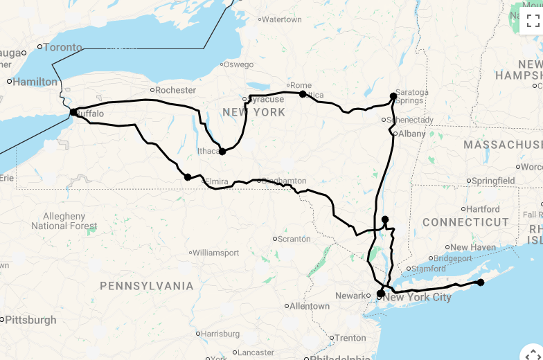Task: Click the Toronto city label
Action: tap(62, 48)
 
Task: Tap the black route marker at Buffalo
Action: tap(73, 112)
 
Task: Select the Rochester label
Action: tap(175, 90)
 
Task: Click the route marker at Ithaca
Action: tap(222, 151)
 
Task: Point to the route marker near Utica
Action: tap(303, 93)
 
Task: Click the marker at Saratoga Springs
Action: tap(393, 96)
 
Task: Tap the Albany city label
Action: tap(412, 134)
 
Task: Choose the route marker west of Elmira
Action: tap(188, 177)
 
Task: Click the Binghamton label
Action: tap(283, 181)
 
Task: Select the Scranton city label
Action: tap(294, 239)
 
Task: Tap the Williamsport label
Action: tap(217, 253)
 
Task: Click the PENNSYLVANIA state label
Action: tap(147, 286)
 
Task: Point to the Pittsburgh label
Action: tap(32, 320)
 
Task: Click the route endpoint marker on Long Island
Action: tap(481, 282)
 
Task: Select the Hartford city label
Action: tap(483, 209)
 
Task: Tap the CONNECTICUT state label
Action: tap(465, 222)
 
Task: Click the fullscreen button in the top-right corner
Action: tap(533, 20)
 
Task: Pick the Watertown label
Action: tap(281, 19)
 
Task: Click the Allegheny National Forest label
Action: tap(64, 221)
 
